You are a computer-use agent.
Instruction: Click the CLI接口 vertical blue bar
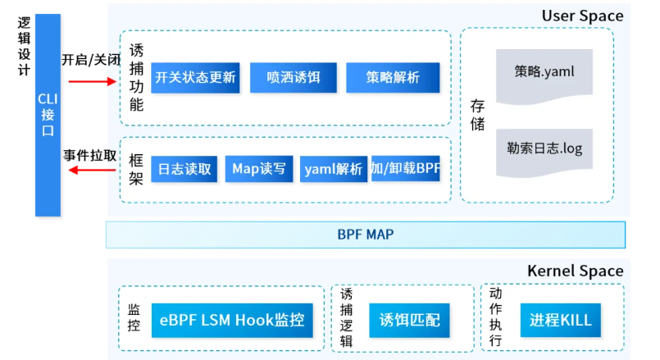pos(48,115)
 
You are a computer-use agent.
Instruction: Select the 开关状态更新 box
pos(194,77)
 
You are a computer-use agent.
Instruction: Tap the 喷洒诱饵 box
pos(293,77)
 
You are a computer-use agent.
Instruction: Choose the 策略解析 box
pos(392,77)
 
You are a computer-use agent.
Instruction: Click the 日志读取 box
pos(184,169)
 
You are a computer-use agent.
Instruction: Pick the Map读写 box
pos(258,169)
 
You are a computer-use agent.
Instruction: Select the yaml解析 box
pos(333,169)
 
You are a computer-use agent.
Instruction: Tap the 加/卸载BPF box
pos(405,169)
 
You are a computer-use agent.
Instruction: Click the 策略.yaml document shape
pos(544,72)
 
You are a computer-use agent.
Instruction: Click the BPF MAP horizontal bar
pos(365,235)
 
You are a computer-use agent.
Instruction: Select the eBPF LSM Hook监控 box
pos(232,319)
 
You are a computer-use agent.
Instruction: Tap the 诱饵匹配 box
pos(409,319)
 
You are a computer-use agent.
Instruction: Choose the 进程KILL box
pos(561,319)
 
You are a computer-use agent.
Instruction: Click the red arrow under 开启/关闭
pos(92,81)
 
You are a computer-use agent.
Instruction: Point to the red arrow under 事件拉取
pos(92,170)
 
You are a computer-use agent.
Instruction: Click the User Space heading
pos(582,16)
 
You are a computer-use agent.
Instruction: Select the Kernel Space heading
pos(575,271)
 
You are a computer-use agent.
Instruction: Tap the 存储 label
pos(477,115)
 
